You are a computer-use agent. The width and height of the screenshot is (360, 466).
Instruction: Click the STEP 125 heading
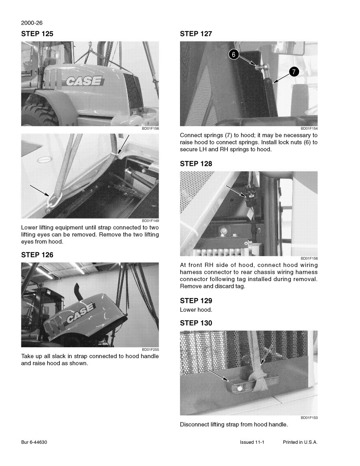[x=37, y=34]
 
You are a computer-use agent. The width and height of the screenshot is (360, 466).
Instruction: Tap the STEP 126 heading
[x=37, y=255]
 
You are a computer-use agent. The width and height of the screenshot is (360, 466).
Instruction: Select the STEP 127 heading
[x=196, y=34]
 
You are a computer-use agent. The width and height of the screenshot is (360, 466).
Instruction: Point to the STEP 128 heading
[x=196, y=163]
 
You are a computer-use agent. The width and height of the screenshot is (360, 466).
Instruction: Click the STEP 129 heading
[x=196, y=300]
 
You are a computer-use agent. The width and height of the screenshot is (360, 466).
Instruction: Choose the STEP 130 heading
[x=196, y=323]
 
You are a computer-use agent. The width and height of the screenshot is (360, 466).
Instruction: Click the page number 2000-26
[x=32, y=23]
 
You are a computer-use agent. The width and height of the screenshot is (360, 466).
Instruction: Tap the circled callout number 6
[x=234, y=54]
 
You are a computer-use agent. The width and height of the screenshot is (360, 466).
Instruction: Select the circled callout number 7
[x=294, y=72]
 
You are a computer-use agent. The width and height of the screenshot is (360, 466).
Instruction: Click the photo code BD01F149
[x=150, y=221]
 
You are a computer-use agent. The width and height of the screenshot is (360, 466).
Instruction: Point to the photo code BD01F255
[x=150, y=349]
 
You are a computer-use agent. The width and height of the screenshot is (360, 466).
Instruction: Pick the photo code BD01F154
[x=309, y=129]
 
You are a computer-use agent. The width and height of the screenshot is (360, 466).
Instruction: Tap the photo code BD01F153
[x=309, y=418]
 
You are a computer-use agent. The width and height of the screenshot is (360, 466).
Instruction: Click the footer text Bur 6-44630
[x=34, y=442]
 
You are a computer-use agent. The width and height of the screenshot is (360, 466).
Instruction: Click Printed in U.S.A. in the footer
[x=300, y=442]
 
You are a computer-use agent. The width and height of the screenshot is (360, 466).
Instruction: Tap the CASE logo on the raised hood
[x=80, y=313]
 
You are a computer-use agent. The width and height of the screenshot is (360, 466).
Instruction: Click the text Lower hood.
[x=196, y=310]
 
